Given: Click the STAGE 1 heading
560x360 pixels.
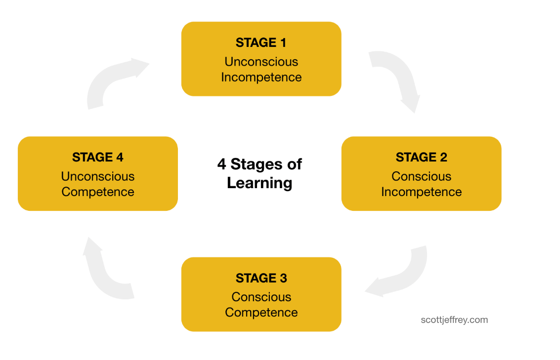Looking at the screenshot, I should click(x=261, y=43).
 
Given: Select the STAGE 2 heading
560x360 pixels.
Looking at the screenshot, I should click(x=421, y=158).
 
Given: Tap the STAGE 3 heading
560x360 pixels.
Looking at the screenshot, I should click(x=261, y=278).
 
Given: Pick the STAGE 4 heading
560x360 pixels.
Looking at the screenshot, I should click(x=97, y=158).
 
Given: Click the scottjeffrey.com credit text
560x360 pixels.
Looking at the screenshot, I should click(x=454, y=320).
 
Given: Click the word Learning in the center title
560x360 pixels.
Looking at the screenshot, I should click(x=259, y=183).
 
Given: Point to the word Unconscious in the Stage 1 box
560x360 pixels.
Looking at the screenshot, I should click(x=261, y=62).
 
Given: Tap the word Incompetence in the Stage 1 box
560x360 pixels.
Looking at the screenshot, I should click(x=261, y=78).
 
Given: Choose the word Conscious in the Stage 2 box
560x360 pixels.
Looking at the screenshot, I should click(x=421, y=176).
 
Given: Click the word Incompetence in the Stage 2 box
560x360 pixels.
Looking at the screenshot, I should click(x=421, y=192).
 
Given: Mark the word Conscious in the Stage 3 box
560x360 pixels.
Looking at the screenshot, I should click(x=261, y=297).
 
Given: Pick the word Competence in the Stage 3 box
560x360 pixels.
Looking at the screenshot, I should click(x=261, y=313).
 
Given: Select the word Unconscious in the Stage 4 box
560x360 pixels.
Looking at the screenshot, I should click(x=97, y=176).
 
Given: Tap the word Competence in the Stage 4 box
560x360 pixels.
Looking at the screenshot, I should click(x=97, y=192).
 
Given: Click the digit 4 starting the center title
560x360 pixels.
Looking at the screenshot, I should click(x=221, y=164).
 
